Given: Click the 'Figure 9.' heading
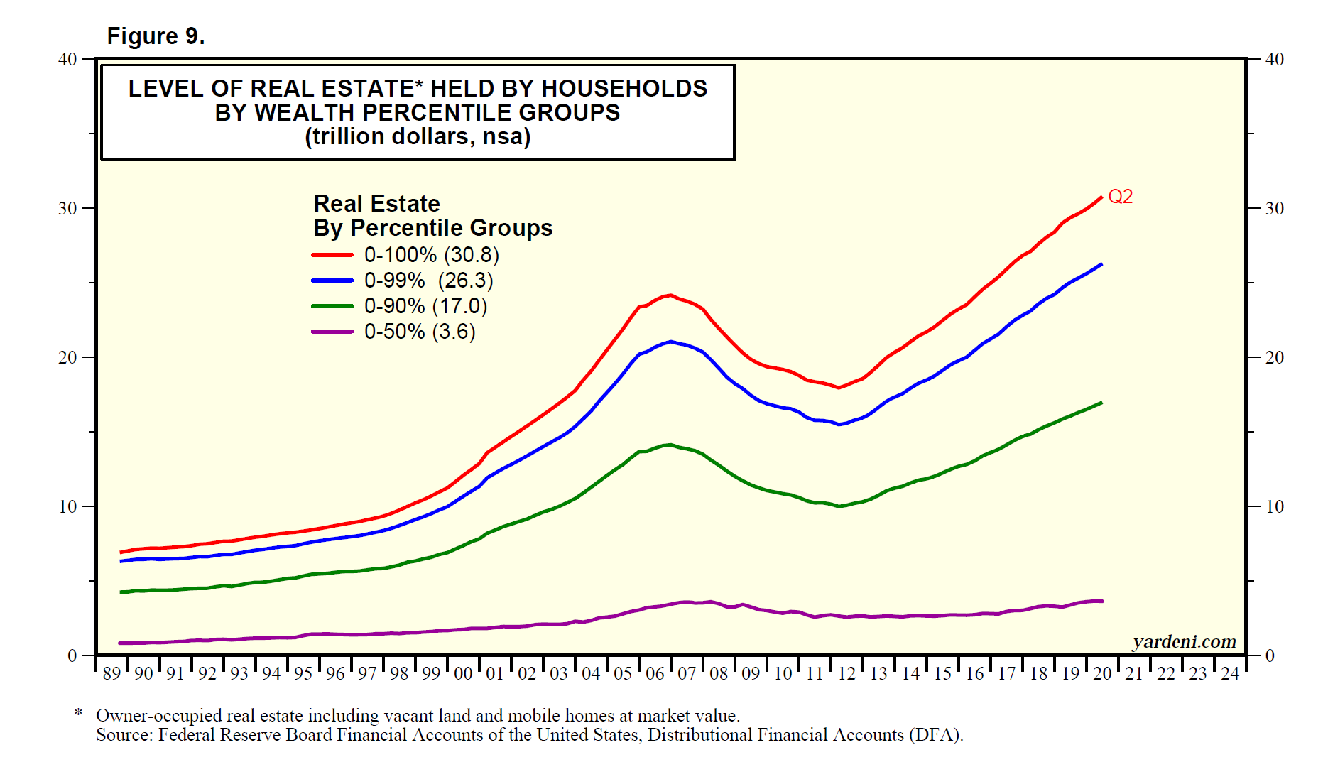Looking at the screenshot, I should pyautogui.click(x=156, y=36).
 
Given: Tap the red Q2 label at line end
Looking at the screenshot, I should pyautogui.click(x=1120, y=197).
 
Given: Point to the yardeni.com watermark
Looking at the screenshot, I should pyautogui.click(x=1184, y=642).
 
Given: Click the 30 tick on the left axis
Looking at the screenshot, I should pyautogui.click(x=67, y=209).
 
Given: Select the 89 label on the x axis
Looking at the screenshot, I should pyautogui.click(x=111, y=673).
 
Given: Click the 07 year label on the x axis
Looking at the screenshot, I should pyautogui.click(x=687, y=673).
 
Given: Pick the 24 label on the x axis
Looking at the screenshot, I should pyautogui.click(x=1230, y=673).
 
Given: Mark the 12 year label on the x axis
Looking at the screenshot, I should pyautogui.click(x=846, y=673).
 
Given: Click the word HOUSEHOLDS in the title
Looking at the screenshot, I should pyautogui.click(x=624, y=89).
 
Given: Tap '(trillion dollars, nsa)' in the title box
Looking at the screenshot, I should pyautogui.click(x=418, y=136).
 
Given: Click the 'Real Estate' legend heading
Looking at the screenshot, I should pyautogui.click(x=376, y=204).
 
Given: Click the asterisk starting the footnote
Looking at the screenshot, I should pyautogui.click(x=78, y=712).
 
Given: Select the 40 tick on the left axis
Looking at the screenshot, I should pyautogui.click(x=67, y=60).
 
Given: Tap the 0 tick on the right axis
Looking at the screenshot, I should pyautogui.click(x=1270, y=656).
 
